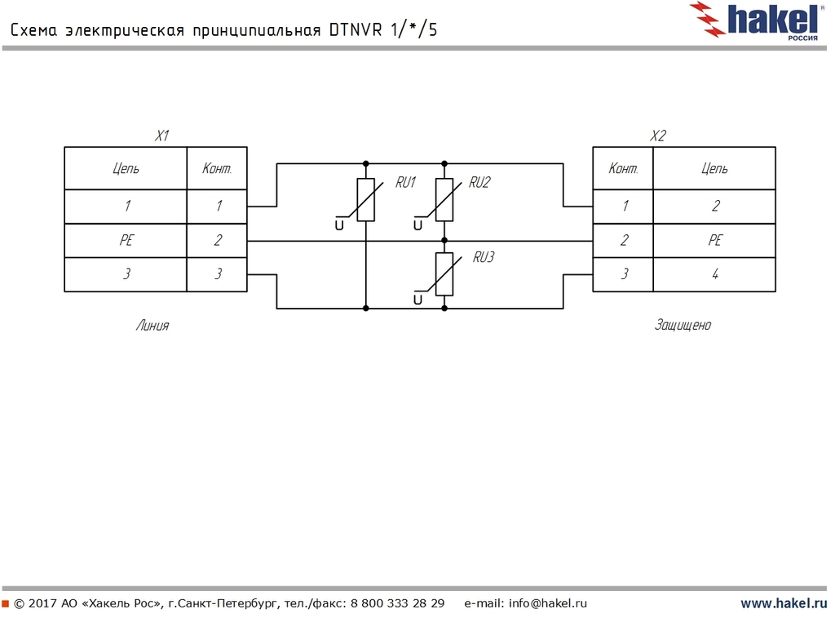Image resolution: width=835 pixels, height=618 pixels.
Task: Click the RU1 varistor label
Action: click(405, 183)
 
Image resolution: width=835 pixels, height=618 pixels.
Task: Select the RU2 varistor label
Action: click(479, 183)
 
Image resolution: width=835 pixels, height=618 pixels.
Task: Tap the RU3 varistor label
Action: click(484, 257)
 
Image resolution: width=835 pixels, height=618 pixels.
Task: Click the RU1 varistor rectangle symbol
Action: click(366, 200)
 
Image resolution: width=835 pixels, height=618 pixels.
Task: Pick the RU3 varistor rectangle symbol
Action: click(444, 274)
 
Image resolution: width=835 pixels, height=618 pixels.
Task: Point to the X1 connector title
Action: click(161, 136)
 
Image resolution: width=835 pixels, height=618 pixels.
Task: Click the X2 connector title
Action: click(658, 136)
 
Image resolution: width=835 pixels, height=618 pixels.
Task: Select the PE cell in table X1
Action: click(126, 241)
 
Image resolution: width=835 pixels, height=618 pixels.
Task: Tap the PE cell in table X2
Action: click(715, 241)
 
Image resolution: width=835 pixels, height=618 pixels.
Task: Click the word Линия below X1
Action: click(152, 325)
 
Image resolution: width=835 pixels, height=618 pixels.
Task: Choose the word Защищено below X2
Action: click(683, 325)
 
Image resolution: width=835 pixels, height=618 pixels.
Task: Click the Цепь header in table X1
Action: click(126, 169)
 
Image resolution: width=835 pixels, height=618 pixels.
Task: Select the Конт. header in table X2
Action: click(623, 169)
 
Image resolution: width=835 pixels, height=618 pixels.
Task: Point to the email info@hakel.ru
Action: click(547, 604)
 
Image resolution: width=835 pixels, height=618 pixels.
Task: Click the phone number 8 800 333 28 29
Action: click(397, 604)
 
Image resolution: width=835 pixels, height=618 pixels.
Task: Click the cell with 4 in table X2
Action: click(715, 274)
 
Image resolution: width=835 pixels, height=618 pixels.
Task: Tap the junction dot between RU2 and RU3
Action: click(444, 241)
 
